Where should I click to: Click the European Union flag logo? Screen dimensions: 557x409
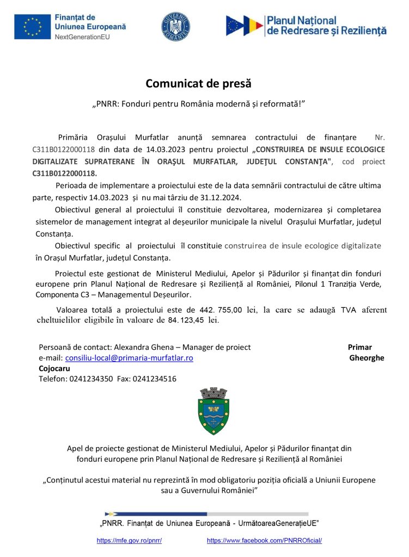click(33, 26)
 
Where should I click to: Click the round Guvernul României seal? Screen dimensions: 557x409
click(175, 26)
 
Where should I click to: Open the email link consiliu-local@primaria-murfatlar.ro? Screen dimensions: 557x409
click(129, 358)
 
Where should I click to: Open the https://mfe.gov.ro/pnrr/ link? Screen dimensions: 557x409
click(129, 541)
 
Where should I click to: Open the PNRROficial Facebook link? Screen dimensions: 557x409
click(265, 541)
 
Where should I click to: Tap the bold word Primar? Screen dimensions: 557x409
click(359, 347)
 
